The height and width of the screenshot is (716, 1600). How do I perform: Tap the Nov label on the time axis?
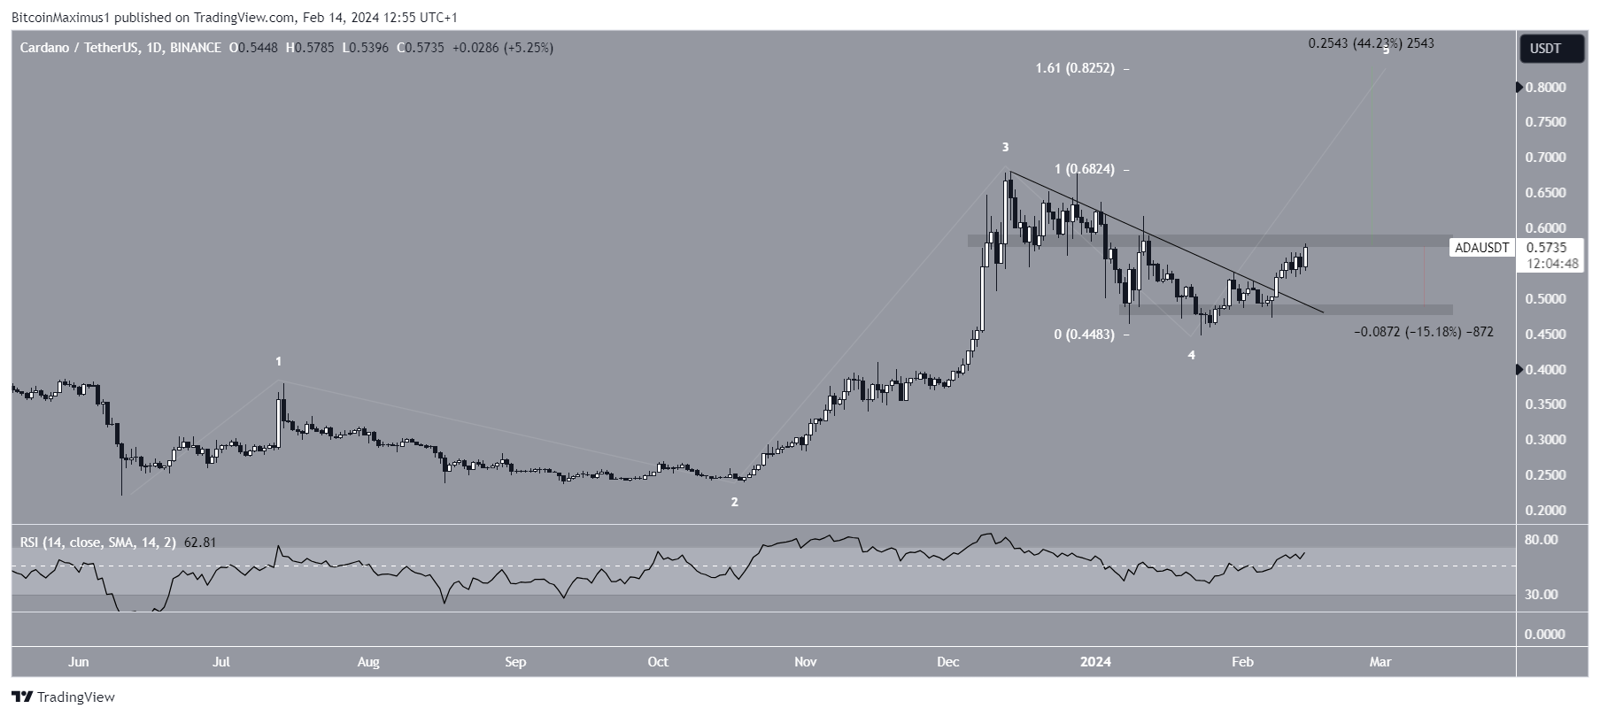tap(805, 662)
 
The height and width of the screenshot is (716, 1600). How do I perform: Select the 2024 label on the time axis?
tap(1096, 662)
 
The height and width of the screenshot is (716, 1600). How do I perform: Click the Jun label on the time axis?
tap(79, 662)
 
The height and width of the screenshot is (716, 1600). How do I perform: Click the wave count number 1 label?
tap(279, 362)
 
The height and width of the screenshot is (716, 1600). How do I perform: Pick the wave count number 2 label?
tap(734, 502)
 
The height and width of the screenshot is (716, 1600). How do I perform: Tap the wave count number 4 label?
tap(1191, 355)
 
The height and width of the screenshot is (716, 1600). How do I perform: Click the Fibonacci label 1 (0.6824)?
tap(1078, 169)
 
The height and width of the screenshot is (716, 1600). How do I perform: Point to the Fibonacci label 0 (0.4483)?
tap(1083, 335)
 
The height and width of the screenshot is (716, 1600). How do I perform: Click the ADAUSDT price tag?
tap(1481, 249)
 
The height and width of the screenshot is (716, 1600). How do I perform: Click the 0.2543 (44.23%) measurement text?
tap(1371, 43)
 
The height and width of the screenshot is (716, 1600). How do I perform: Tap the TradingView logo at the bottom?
tap(64, 697)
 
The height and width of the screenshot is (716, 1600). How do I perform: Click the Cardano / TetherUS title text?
tap(79, 48)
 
